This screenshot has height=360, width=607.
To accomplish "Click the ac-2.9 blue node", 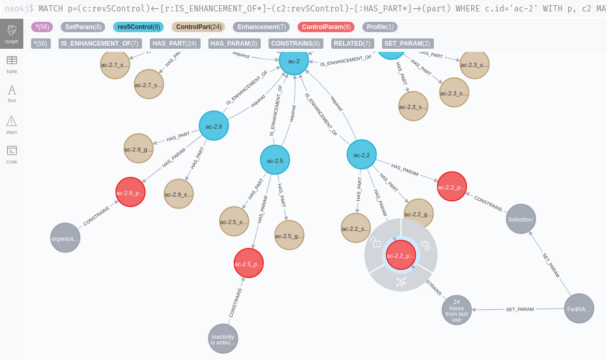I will pyautogui.click(x=214, y=126).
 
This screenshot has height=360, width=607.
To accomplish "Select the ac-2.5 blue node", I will pyautogui.click(x=275, y=160).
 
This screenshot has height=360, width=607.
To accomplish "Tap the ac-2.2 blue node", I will pyautogui.click(x=361, y=155).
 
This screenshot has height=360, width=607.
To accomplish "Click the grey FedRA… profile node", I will pyautogui.click(x=578, y=309).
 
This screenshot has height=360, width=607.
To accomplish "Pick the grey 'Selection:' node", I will pyautogui.click(x=520, y=219).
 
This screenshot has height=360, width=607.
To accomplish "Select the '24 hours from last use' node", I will pyautogui.click(x=456, y=310).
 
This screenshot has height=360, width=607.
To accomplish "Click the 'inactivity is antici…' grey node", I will pyautogui.click(x=223, y=339).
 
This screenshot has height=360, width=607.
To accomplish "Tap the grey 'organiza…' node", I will pyautogui.click(x=65, y=238).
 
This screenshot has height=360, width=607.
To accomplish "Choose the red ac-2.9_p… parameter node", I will pyautogui.click(x=130, y=192).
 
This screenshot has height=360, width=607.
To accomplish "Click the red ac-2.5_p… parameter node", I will pyautogui.click(x=248, y=264).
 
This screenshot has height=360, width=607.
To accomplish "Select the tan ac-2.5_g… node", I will pyautogui.click(x=289, y=236).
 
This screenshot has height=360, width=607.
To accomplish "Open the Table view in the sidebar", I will pyautogui.click(x=11, y=64).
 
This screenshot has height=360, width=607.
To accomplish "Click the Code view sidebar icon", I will pyautogui.click(x=11, y=154).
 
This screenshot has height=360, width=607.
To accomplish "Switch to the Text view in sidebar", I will pyautogui.click(x=11, y=93).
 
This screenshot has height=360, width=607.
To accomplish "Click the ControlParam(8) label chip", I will pyautogui.click(x=326, y=27).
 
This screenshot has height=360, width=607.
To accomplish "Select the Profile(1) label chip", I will pyautogui.click(x=380, y=27).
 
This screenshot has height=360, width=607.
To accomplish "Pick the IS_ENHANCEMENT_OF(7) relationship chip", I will pyautogui.click(x=100, y=44).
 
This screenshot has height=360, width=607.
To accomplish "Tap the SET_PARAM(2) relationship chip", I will pyautogui.click(x=407, y=44).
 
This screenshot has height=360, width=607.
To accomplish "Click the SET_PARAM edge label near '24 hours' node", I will pyautogui.click(x=519, y=309).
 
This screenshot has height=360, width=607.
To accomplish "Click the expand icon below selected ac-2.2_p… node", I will pyautogui.click(x=401, y=282).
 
